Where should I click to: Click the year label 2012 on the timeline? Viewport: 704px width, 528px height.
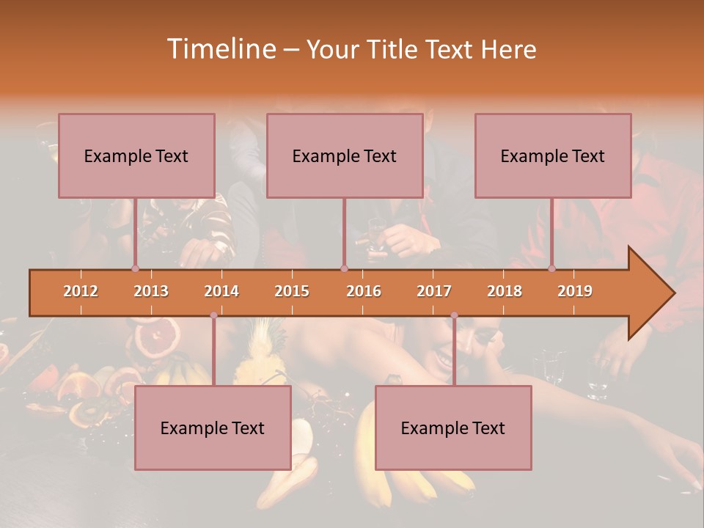pos(81,291)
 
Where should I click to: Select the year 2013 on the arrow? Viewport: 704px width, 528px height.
pos(151,291)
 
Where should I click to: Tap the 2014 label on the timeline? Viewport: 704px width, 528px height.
pos(221,291)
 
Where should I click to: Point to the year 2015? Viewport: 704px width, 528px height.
pos(292,291)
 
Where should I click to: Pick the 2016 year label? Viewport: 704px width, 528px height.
pos(364,291)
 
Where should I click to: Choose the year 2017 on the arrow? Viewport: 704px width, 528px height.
pos(434,291)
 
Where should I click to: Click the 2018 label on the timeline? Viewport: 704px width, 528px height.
pos(505,291)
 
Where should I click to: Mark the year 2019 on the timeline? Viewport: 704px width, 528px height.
pos(575,291)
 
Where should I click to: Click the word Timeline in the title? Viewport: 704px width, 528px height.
pos(221,49)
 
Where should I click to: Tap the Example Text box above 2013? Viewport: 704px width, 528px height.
pos(136,155)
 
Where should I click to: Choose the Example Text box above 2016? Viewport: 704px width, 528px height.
pos(345,155)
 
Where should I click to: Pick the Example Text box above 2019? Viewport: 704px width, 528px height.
pos(553,155)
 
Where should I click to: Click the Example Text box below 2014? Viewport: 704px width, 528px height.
pos(213,428)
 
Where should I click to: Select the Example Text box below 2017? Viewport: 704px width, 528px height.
pos(453,428)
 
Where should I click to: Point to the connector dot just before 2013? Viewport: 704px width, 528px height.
pos(136,268)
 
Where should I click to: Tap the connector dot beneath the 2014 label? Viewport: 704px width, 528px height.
pos(213,315)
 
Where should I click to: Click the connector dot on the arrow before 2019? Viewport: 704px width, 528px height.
pos(551,268)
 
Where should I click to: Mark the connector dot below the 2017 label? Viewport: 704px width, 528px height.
pos(454,315)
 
